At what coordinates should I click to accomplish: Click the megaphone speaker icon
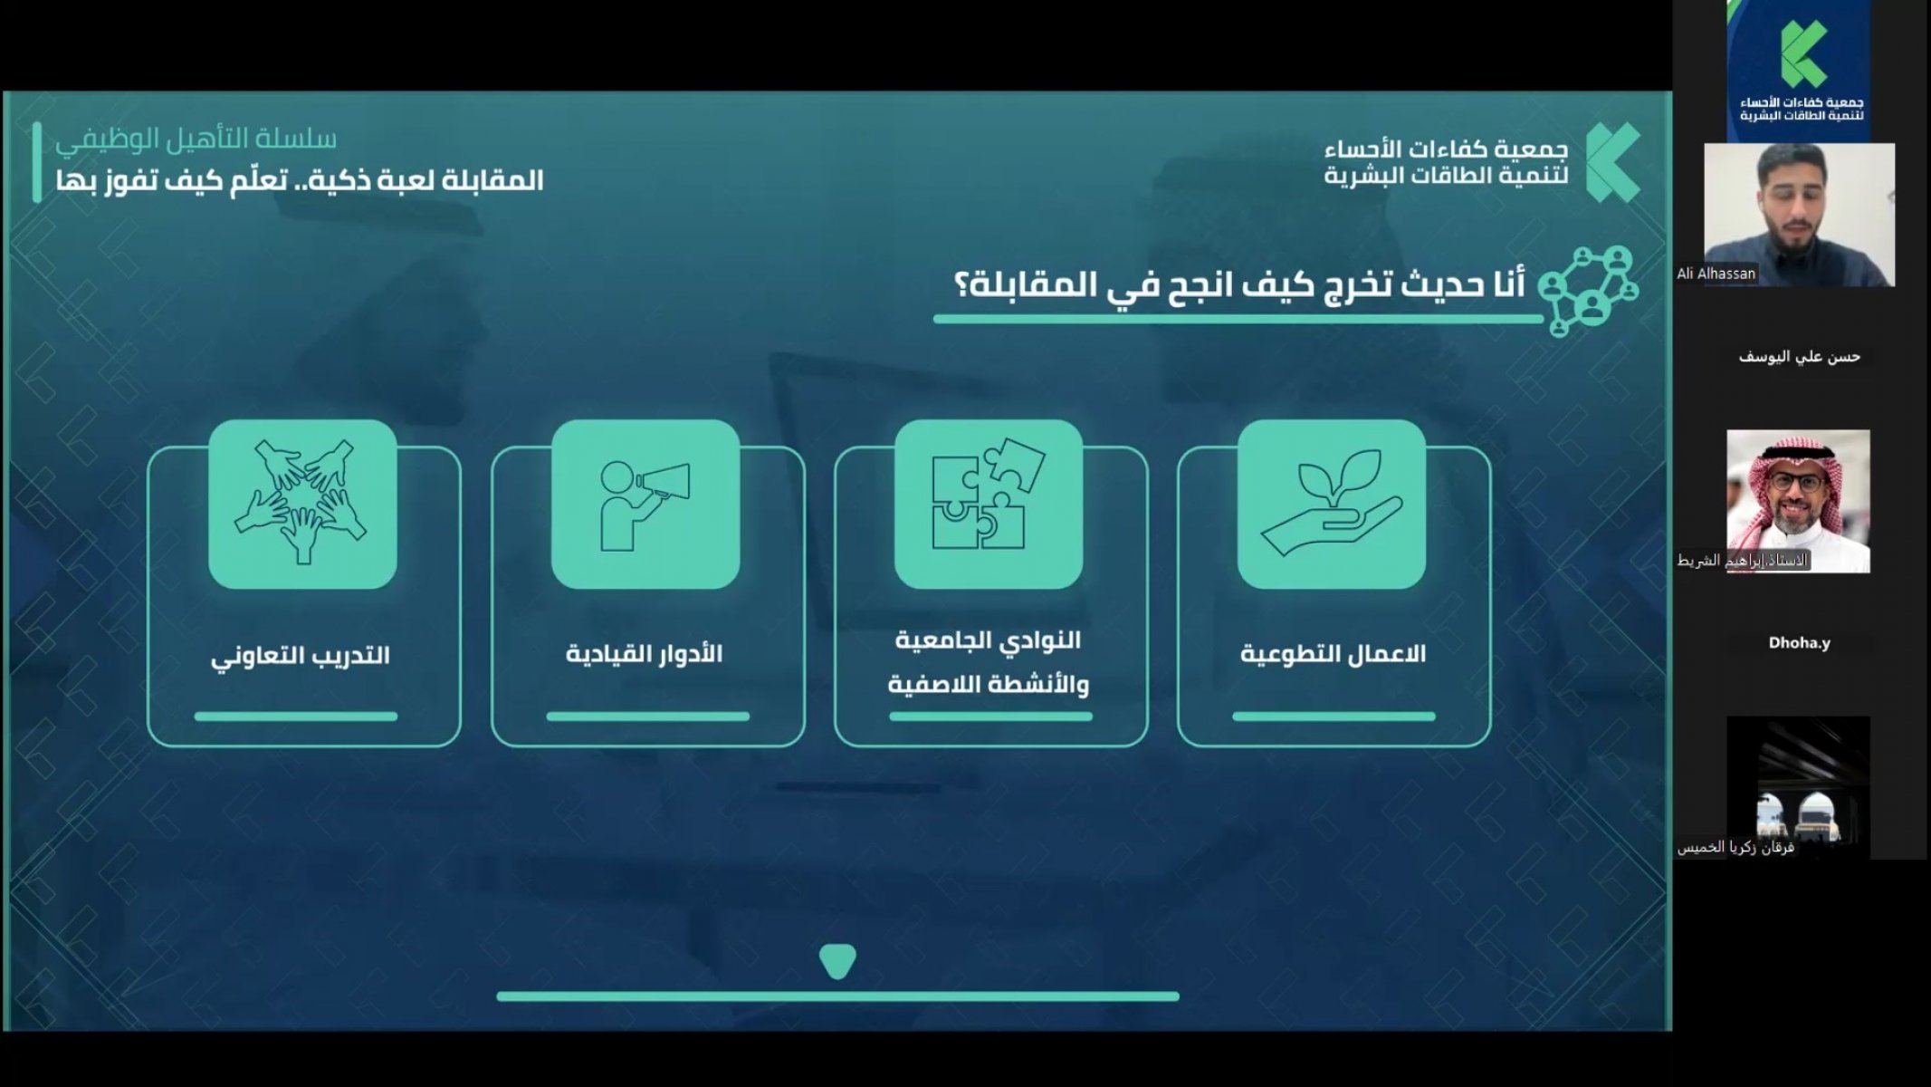coord(645,505)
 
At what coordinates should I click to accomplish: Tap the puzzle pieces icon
coord(988,494)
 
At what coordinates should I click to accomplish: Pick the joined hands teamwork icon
coord(301,501)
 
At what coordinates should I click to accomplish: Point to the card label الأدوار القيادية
coord(645,653)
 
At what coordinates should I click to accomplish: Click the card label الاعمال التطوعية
coord(1333,654)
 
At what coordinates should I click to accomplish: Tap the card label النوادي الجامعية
coord(989,640)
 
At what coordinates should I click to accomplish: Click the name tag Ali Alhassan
coord(1716,274)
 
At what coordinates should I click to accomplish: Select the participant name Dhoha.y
coord(1799,643)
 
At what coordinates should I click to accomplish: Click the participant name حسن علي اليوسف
coord(1799,357)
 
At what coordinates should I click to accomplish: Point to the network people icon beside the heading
coord(1588,290)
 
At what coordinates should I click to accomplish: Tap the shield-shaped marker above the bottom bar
coord(837,961)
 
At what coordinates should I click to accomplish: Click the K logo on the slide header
coord(1612,162)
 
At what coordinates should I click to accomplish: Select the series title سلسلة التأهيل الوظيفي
coord(196,139)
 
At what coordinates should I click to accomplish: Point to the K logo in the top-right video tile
coord(1802,53)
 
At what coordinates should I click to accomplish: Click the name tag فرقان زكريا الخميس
coord(1735,848)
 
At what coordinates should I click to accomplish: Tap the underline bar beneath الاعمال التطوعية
coord(1334,717)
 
